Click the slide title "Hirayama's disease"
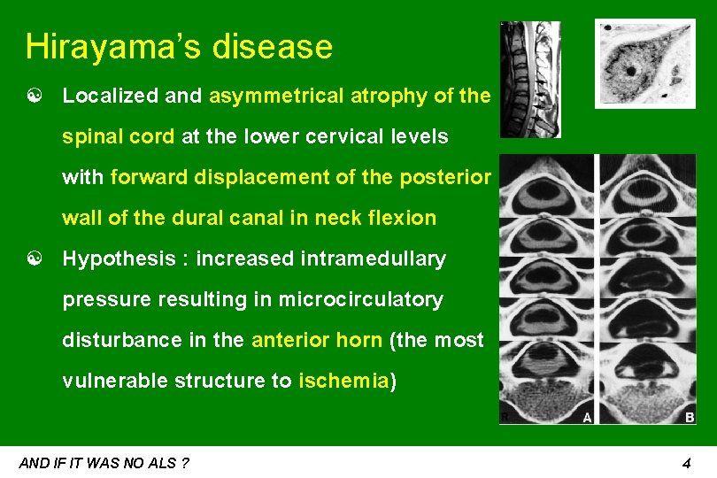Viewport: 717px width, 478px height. pyautogui.click(x=179, y=47)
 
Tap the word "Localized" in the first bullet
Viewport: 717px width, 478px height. pyautogui.click(x=111, y=96)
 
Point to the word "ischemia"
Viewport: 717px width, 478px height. pyautogui.click(x=343, y=382)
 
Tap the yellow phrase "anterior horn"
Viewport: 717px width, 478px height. pyautogui.click(x=316, y=341)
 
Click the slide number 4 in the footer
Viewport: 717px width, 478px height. pyautogui.click(x=686, y=463)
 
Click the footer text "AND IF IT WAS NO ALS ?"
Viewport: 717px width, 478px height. pyautogui.click(x=104, y=463)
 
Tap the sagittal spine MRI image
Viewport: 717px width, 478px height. pyautogui.click(x=529, y=80)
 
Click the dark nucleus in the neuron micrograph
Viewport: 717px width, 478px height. pyautogui.click(x=630, y=69)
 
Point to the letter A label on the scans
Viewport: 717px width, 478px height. pyautogui.click(x=587, y=418)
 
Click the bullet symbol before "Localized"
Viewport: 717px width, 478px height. pyautogui.click(x=35, y=96)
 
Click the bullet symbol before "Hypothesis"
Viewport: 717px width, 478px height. pyautogui.click(x=35, y=259)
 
